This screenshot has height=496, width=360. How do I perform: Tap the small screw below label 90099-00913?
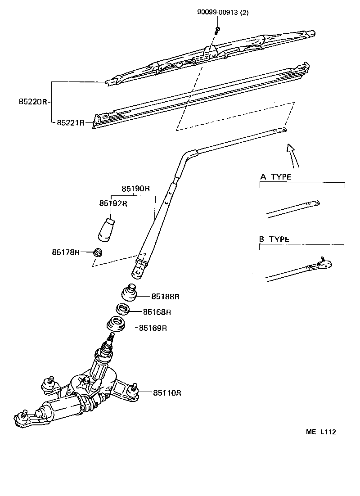click(218, 30)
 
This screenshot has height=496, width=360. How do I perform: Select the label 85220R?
click(32, 102)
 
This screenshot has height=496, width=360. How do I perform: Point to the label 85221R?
click(71, 122)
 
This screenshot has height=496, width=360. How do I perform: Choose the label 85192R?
click(113, 203)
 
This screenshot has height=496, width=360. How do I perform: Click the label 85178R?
click(66, 253)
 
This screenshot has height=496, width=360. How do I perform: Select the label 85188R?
click(165, 297)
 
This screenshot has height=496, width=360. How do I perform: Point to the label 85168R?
click(157, 312)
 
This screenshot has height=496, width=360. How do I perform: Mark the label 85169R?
click(153, 328)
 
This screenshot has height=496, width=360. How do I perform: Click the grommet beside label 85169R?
click(116, 325)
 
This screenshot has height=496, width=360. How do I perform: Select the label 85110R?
click(167, 393)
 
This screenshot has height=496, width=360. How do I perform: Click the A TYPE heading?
click(275, 177)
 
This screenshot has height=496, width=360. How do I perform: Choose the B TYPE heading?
click(274, 239)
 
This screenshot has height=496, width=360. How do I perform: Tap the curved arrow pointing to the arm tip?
click(293, 155)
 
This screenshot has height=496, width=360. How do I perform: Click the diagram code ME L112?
click(321, 432)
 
